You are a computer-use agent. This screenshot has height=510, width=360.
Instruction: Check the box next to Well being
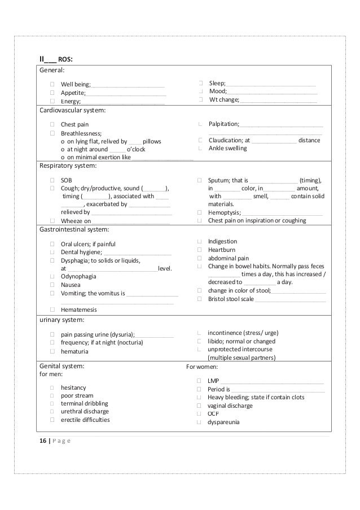(x=51, y=84)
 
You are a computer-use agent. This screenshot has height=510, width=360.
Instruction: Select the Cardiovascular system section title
(x=72, y=110)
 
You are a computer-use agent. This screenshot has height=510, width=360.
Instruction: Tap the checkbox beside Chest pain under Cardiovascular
(x=51, y=124)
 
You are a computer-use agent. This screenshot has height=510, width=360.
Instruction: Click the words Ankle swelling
(x=227, y=148)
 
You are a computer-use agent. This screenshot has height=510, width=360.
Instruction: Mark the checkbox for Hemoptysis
(x=200, y=212)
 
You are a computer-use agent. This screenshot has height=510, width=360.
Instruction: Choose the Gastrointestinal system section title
(x=73, y=230)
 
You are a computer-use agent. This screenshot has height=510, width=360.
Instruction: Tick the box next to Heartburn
(x=200, y=250)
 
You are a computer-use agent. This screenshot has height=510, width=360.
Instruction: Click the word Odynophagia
(x=78, y=277)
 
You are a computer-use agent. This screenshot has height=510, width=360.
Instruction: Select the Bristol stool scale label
(x=230, y=299)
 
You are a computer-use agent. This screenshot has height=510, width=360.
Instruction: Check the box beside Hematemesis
(x=51, y=310)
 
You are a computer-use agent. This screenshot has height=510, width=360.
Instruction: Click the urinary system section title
(x=62, y=319)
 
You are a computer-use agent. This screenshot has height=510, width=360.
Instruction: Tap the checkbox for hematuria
(x=51, y=351)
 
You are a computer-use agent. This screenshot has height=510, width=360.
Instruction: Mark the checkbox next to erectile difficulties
(x=51, y=420)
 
